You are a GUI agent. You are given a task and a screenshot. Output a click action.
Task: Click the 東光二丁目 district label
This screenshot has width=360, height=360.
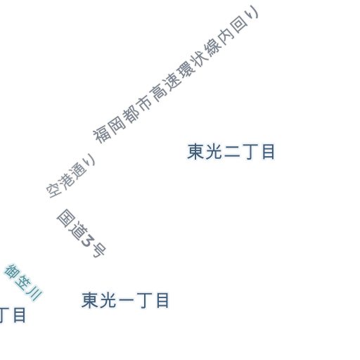(x=231, y=152)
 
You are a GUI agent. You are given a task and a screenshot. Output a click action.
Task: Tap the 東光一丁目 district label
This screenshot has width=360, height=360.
(x=125, y=300)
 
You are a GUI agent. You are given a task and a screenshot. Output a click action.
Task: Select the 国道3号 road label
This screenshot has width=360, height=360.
(x=82, y=233)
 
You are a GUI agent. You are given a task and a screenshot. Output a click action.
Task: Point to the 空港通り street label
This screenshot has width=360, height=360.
(x=71, y=176)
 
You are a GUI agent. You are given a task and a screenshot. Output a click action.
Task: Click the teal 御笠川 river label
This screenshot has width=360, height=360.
(x=23, y=282)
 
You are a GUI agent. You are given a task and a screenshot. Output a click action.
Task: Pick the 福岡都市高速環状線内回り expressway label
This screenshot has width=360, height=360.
(x=176, y=75)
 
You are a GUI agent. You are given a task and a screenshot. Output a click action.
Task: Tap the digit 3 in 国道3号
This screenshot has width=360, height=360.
(x=87, y=240)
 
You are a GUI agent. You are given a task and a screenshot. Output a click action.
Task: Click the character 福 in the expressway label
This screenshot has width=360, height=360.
(x=101, y=136)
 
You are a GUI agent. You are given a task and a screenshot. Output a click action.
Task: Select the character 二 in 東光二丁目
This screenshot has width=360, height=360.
(x=232, y=153)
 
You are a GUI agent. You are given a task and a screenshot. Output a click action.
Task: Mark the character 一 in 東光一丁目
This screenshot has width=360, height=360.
(x=127, y=300)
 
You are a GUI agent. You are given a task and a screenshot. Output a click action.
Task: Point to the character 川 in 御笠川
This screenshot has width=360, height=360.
(x=34, y=293)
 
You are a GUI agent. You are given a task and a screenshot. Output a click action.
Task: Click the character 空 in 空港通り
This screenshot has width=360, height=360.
(x=54, y=190)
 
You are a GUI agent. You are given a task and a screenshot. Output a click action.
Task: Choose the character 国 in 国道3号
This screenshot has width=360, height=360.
(x=66, y=218)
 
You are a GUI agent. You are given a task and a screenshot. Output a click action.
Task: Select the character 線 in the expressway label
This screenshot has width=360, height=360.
(x=213, y=46)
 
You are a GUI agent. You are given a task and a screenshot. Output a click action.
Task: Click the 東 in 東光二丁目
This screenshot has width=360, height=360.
(x=195, y=152)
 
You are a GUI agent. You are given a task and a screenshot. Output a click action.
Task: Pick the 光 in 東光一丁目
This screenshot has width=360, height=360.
(x=108, y=300)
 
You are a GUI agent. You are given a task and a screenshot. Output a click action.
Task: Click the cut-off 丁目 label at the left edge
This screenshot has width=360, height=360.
(x=13, y=315)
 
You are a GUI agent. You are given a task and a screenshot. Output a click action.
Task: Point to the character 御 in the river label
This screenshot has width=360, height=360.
(x=12, y=271)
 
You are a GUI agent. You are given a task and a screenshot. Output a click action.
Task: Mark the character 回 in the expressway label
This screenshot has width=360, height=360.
(x=239, y=25)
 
